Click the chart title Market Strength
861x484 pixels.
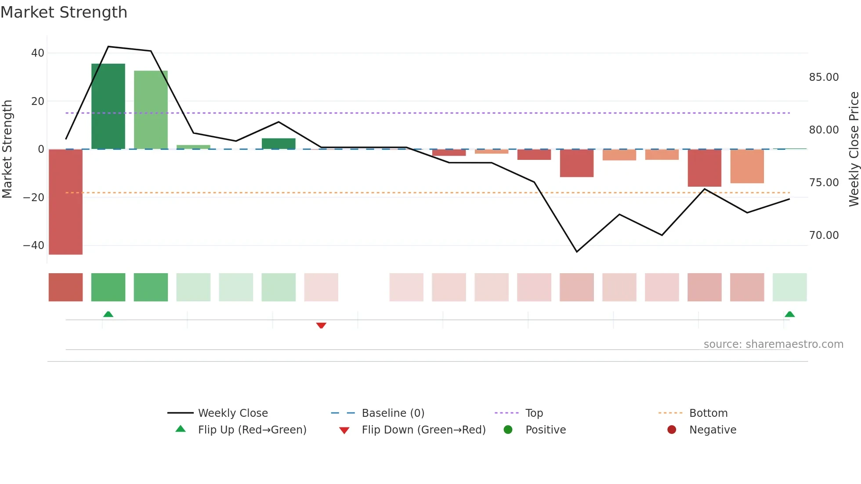tap(64, 12)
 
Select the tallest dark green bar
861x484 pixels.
tap(108, 106)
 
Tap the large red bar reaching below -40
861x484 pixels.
tap(65, 202)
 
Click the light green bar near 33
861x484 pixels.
tap(151, 110)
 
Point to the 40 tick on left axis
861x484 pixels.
tap(38, 53)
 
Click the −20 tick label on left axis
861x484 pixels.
tap(34, 198)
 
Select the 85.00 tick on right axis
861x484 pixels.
tap(824, 77)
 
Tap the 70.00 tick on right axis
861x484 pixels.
tap(824, 235)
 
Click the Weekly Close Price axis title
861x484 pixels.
tap(854, 149)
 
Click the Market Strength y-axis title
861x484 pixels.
tap(7, 149)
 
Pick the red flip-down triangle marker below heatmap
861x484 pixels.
tap(321, 325)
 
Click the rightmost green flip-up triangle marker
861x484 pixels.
tap(789, 314)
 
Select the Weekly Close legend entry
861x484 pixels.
tap(232, 413)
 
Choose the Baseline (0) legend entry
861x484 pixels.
tap(393, 413)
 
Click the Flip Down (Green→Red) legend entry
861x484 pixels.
tap(423, 430)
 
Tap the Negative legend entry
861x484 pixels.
tap(712, 430)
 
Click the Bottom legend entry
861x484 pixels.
tap(708, 413)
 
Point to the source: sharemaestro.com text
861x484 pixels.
tap(773, 344)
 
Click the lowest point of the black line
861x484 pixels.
tap(577, 252)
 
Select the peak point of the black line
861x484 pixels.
tap(108, 47)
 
